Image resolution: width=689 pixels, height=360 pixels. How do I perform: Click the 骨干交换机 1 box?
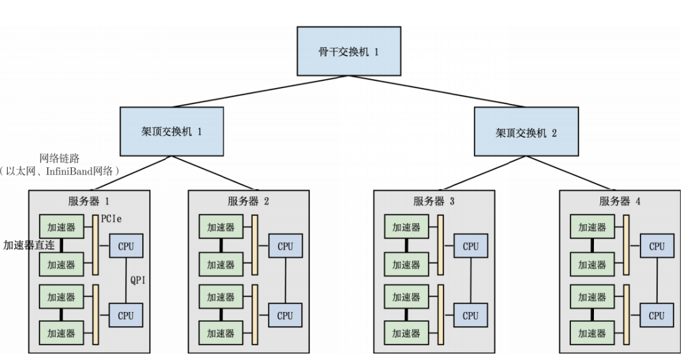(348, 51)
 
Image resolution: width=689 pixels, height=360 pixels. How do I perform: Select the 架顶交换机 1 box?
(172, 131)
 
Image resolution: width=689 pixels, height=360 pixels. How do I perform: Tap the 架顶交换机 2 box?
(526, 132)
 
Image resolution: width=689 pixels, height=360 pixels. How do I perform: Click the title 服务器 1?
(89, 202)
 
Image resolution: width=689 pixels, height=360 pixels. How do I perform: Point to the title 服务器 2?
(248, 202)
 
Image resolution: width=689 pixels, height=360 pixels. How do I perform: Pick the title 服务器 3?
(434, 202)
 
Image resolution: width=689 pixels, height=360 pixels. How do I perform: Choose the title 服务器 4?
(619, 202)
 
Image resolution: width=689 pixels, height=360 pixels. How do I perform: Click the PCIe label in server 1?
(111, 219)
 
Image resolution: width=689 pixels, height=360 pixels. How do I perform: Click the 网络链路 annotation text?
(59, 158)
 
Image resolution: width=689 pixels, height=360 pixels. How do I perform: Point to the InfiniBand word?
(75, 170)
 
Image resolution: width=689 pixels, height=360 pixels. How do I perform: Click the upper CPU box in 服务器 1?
(126, 246)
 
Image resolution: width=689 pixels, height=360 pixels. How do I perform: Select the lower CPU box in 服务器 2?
(285, 315)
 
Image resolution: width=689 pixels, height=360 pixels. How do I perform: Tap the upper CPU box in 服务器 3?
(470, 246)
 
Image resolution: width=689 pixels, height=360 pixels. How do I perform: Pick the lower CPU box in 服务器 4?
(656, 315)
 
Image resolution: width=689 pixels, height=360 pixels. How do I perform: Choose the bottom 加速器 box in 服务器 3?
(406, 333)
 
